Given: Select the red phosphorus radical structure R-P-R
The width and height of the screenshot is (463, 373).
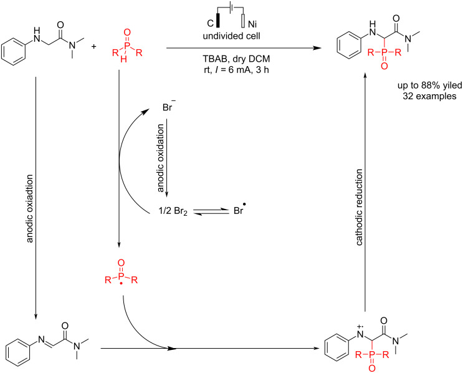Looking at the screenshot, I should [x=120, y=280].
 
